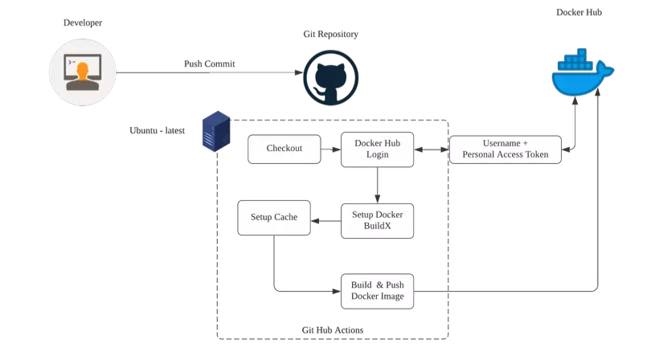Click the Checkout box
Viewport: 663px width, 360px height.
pos(284,149)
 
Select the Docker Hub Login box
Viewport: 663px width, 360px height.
pos(377,149)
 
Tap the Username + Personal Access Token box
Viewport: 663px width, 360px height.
pos(505,149)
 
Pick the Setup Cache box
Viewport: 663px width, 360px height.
pos(274,218)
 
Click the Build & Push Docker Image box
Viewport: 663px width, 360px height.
pos(377,291)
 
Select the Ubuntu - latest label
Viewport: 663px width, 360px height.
pos(158,130)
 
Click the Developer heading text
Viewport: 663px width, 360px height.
pos(83,22)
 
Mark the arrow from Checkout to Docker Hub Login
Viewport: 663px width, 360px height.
pos(331,149)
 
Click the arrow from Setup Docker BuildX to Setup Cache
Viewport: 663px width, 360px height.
pos(325,220)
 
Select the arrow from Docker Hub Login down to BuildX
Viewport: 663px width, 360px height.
pos(378,185)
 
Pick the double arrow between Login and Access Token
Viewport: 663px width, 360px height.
pos(432,149)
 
